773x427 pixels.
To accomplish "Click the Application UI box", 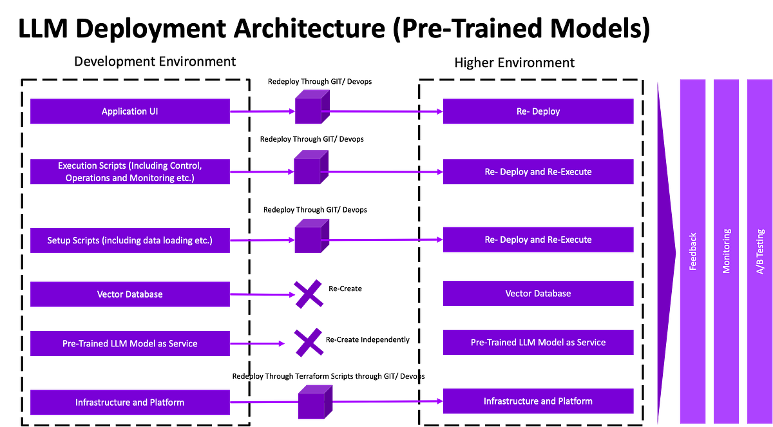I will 129,111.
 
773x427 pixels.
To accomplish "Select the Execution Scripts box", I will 129,172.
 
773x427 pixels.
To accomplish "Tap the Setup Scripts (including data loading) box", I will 129,240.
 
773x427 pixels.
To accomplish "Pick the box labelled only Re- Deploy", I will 539,111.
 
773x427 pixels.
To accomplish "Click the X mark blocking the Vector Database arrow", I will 309,294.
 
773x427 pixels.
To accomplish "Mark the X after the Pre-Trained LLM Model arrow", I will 309,342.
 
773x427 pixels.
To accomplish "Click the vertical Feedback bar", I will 692,251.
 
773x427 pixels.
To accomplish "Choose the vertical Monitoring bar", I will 727,251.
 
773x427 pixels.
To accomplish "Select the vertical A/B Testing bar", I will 759,251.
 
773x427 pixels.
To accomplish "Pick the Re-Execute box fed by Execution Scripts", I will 539,172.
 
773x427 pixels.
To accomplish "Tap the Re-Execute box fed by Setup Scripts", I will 539,240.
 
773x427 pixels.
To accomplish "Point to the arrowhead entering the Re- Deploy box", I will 439,111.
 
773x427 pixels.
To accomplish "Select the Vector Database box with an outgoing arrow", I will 129,294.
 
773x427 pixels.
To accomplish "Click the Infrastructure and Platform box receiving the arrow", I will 539,401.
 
